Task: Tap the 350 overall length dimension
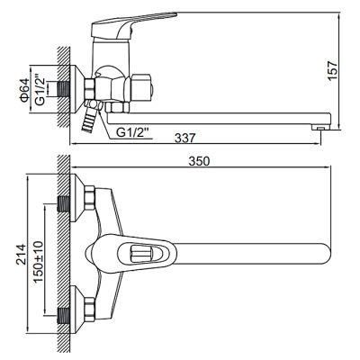click(199, 162)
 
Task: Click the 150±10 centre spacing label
click(38, 256)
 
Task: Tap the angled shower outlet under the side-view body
click(91, 116)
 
